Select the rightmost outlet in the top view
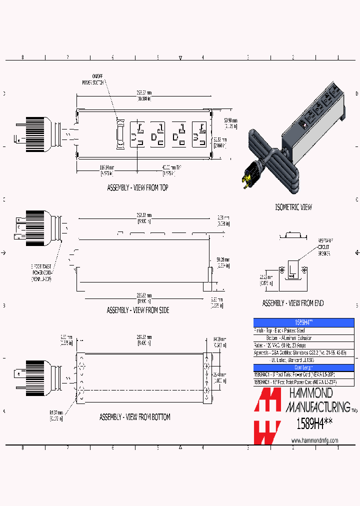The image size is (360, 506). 198,134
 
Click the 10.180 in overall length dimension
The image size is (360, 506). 144,98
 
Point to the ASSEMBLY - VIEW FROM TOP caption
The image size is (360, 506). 137,188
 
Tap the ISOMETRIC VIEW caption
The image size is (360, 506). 294,207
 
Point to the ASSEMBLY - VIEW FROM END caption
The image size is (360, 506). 293,303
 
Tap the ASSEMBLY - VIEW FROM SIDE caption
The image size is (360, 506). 137,310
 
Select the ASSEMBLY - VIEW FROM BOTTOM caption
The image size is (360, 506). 134,416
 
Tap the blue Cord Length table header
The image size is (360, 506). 303,367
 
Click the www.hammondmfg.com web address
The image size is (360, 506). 314,440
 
